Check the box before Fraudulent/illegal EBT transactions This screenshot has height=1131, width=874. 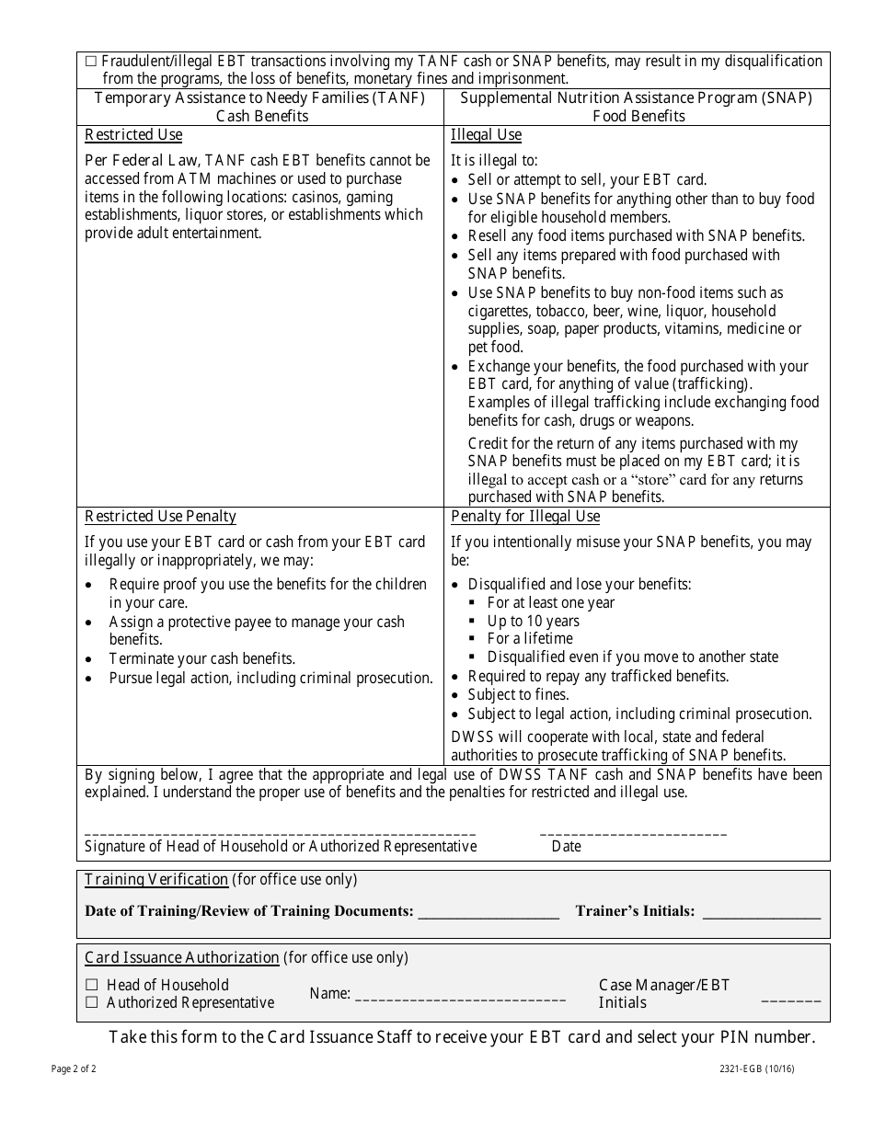[x=90, y=62]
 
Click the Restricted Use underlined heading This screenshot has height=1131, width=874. [x=133, y=135]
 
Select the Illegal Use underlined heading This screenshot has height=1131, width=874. [x=486, y=135]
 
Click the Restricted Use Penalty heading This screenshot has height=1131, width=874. [x=160, y=517]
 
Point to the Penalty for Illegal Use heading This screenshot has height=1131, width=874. [x=524, y=517]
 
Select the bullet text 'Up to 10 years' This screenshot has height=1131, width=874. [x=534, y=621]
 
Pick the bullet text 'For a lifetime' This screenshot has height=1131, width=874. [x=530, y=638]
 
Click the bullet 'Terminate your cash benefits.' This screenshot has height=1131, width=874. [x=201, y=658]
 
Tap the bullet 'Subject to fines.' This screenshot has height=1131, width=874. [x=518, y=694]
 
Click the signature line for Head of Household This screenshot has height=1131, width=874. [x=280, y=830]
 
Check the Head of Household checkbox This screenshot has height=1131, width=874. [x=91, y=985]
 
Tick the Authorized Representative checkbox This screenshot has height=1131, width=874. [x=91, y=1002]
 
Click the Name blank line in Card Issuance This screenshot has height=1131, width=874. [x=460, y=996]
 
